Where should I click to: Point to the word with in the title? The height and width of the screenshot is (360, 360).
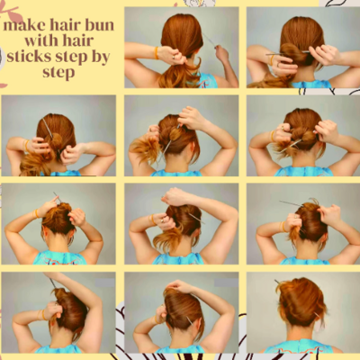point(40,40)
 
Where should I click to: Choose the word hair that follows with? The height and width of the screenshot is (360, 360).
point(76,40)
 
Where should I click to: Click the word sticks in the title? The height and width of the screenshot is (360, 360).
point(29,57)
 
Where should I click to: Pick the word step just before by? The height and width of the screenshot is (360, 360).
point(71,58)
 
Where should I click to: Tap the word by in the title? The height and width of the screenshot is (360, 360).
point(101,58)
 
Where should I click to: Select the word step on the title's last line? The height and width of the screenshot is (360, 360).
point(58,73)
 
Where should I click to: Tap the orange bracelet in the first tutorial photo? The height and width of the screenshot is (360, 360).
point(156,53)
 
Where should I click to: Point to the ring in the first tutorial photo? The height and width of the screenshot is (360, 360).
point(175,57)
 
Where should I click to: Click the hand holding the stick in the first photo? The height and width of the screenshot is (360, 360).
point(222,53)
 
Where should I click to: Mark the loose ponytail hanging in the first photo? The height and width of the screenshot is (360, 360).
point(180,74)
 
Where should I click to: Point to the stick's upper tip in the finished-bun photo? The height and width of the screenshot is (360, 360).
point(275,281)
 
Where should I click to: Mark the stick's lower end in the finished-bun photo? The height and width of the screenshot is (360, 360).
point(319,316)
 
